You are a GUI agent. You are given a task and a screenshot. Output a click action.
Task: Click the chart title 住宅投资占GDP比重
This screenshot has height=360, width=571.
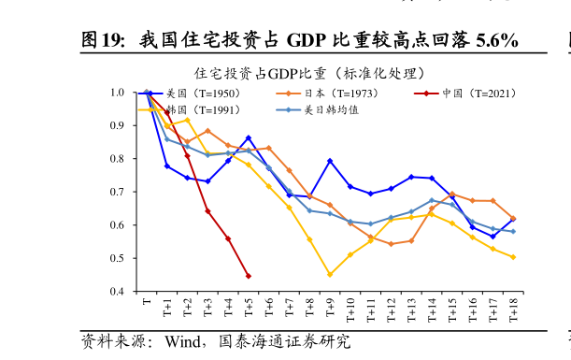point(309,73)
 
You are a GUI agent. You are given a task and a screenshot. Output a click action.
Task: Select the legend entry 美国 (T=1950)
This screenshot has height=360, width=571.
point(202,94)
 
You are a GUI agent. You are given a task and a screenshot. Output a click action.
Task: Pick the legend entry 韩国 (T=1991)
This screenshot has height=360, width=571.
point(202,109)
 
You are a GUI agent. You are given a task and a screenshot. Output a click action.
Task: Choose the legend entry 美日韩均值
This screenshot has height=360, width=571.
point(331,109)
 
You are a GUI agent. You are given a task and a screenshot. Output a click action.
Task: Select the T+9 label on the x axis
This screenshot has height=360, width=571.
point(330,309)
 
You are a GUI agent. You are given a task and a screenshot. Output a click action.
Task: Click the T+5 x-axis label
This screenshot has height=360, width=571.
point(249,309)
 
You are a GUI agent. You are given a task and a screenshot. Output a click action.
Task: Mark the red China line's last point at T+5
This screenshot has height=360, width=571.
point(248,276)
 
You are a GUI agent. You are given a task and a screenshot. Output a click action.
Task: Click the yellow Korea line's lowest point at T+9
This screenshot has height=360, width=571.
point(330,275)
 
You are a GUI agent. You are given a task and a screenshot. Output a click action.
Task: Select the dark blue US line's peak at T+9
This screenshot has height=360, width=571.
point(330,161)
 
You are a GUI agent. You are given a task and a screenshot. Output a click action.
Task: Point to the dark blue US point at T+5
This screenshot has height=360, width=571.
point(248,137)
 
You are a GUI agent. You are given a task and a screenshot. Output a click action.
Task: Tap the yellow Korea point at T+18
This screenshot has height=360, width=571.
point(513,257)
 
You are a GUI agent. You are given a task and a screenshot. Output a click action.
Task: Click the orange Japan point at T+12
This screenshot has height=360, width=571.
point(391,244)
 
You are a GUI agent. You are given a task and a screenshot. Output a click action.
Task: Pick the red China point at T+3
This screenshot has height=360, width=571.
point(207,211)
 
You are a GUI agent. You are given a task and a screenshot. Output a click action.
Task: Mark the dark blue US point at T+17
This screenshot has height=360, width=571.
point(492,237)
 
